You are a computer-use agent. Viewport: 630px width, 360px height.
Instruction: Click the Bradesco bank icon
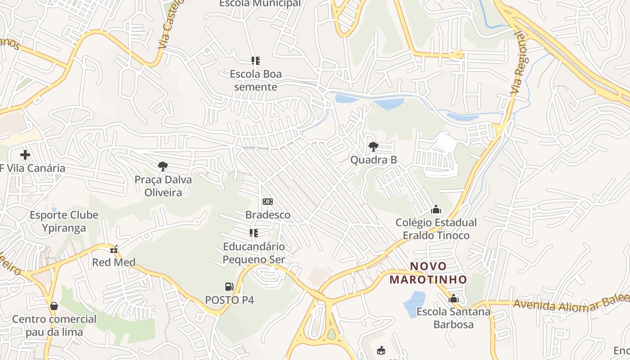tap(268, 202)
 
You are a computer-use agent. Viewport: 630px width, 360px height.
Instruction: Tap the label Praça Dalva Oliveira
tap(163, 186)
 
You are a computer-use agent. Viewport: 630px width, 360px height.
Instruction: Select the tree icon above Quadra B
tap(373, 146)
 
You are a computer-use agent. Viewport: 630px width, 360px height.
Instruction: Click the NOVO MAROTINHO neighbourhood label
tap(428, 273)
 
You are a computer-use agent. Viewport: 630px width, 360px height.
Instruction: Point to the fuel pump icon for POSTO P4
tap(229, 286)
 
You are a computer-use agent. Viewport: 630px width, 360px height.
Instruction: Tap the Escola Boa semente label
tap(256, 81)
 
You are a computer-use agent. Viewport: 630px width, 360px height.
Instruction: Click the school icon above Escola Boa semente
tap(256, 60)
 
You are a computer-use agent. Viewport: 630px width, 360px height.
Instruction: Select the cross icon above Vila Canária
tap(25, 155)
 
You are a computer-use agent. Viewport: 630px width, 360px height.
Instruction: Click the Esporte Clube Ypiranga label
tap(64, 221)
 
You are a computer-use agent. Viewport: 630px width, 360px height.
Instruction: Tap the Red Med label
tap(114, 262)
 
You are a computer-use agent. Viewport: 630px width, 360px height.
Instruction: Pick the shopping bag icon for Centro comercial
tap(54, 306)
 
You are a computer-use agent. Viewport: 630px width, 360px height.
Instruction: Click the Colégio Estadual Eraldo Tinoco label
tap(436, 229)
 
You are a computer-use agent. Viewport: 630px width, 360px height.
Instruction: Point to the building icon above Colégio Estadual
tap(436, 209)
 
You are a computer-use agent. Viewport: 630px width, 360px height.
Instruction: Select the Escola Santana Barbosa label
tap(453, 318)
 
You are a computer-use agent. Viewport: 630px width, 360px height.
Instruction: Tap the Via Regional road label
tap(519, 63)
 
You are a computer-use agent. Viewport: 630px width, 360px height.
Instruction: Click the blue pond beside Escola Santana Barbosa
tap(414, 305)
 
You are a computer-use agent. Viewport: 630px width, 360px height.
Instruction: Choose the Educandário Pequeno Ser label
tap(254, 253)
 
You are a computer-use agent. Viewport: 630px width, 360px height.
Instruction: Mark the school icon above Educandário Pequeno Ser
tap(254, 233)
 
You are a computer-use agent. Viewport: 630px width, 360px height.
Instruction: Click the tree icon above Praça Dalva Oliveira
tap(163, 166)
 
